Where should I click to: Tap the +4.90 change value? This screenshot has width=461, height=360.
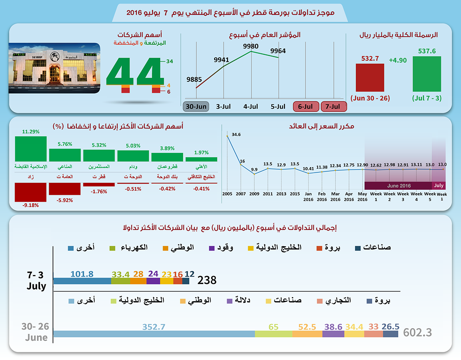[398, 60]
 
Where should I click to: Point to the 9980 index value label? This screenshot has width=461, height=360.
[251, 46]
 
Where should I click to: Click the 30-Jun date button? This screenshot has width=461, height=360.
[196, 106]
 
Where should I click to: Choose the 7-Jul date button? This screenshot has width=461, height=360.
[333, 106]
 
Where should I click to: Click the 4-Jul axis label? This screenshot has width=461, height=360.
[251, 106]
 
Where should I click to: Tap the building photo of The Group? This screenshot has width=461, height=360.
[54, 68]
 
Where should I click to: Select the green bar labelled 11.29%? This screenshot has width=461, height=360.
[31, 149]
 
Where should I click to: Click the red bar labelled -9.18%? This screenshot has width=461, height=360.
[31, 192]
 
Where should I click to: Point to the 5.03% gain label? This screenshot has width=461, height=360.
[133, 146]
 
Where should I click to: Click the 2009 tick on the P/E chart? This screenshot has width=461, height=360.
[254, 194]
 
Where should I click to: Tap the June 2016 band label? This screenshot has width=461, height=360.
[399, 186]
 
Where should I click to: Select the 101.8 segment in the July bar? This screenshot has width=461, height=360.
[82, 281]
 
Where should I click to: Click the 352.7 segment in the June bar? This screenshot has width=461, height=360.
[154, 334]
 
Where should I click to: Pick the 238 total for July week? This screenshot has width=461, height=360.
[207, 280]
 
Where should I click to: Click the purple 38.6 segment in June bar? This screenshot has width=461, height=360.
[333, 334]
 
